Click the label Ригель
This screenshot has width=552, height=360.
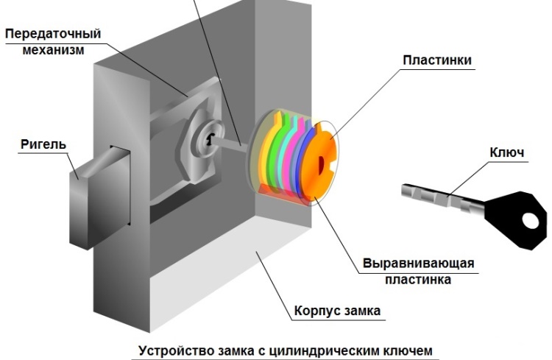(x=43, y=144)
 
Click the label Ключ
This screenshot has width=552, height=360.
(x=506, y=152)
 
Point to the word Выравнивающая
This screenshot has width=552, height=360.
(x=417, y=264)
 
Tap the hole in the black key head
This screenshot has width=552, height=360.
(x=528, y=219)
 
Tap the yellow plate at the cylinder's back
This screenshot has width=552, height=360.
(x=262, y=155)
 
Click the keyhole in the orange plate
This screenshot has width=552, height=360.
(x=324, y=164)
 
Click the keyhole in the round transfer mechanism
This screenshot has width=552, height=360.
(x=210, y=141)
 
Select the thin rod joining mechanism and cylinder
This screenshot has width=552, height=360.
(x=237, y=144)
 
